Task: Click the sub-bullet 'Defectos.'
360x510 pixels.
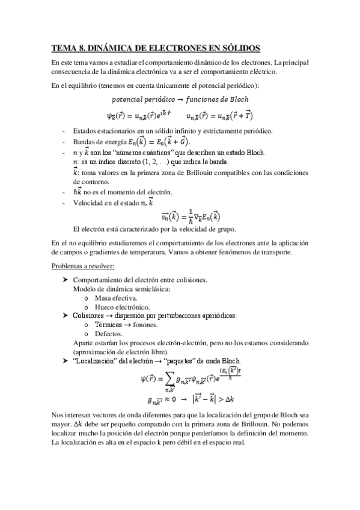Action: (109, 333)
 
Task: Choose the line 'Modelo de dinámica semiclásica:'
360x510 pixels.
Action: (121, 289)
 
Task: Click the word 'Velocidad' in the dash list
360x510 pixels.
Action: (89, 203)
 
